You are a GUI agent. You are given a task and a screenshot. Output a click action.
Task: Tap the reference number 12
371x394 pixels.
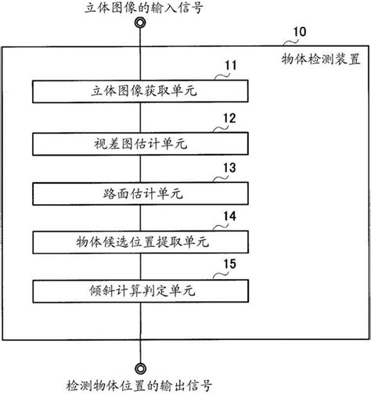230,119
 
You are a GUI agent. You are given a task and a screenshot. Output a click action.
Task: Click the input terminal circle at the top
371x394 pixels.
140,23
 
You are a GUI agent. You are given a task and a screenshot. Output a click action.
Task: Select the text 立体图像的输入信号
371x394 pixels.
140,8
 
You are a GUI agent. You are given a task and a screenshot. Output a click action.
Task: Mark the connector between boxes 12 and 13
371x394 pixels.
140,167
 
